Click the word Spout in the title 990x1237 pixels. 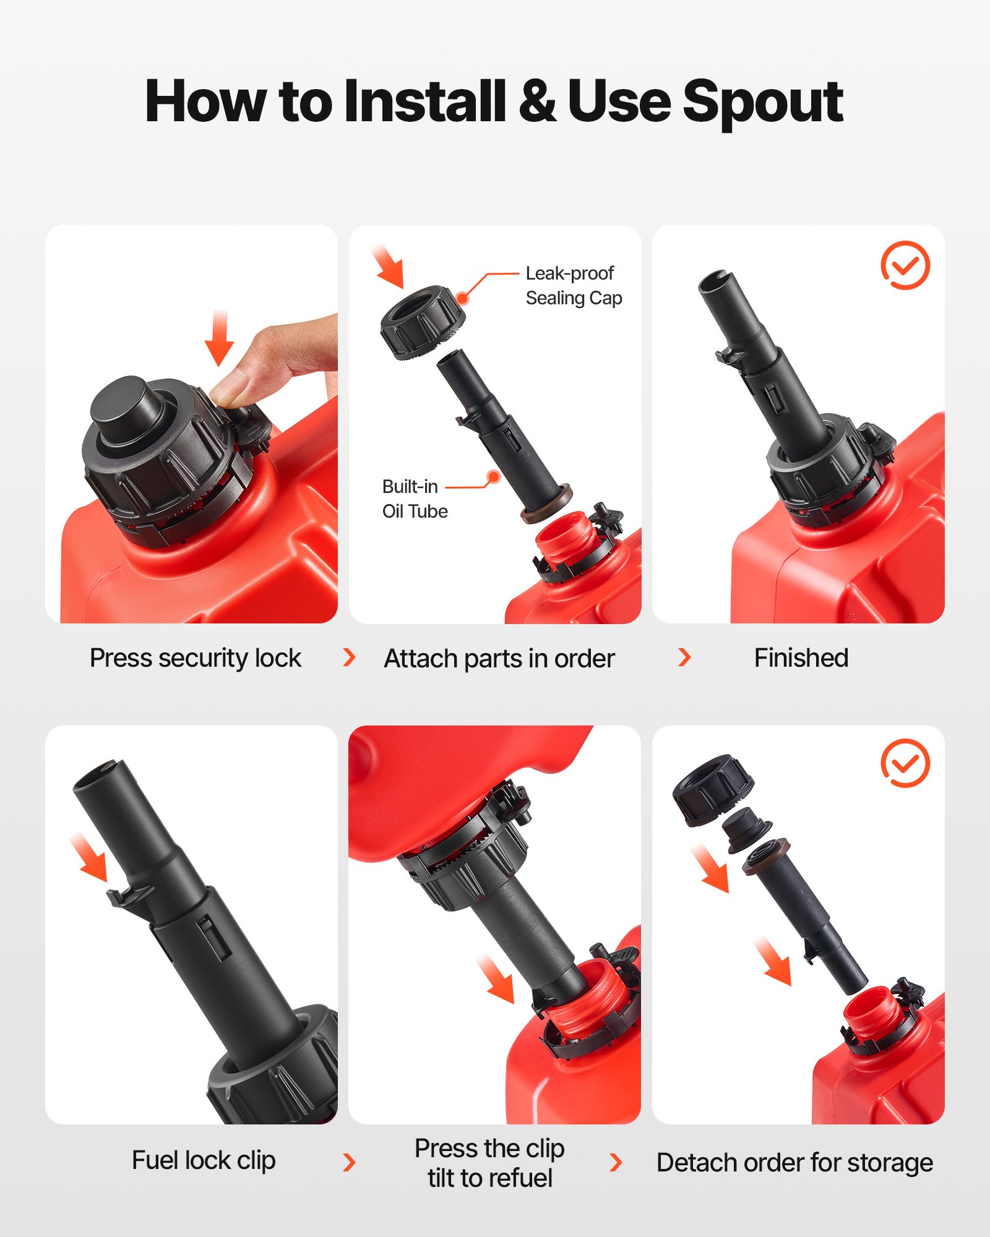(762, 102)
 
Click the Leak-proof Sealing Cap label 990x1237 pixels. (573, 286)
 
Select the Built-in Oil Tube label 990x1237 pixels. (414, 499)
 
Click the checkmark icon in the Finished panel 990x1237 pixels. (905, 265)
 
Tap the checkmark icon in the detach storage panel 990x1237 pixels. (905, 763)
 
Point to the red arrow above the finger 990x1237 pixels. (219, 338)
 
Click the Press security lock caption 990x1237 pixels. (195, 658)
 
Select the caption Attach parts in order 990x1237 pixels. (499, 659)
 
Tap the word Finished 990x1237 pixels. (801, 658)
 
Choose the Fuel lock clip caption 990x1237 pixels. (204, 1160)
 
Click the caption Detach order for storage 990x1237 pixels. (794, 1163)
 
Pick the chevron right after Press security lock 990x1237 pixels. (349, 657)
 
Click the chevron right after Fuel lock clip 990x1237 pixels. (349, 1162)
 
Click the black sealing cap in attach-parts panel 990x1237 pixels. (421, 322)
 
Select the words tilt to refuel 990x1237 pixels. (489, 1178)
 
